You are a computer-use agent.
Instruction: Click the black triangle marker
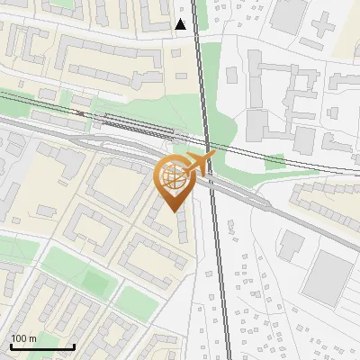pyautogui.click(x=181, y=24)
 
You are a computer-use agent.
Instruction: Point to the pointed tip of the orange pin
pyautogui.click(x=174, y=211)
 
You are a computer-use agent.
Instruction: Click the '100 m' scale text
pyautogui.click(x=24, y=338)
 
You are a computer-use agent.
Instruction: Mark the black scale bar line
pyautogui.click(x=42, y=346)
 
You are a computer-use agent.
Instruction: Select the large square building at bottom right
pyautogui.click(x=329, y=276)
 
